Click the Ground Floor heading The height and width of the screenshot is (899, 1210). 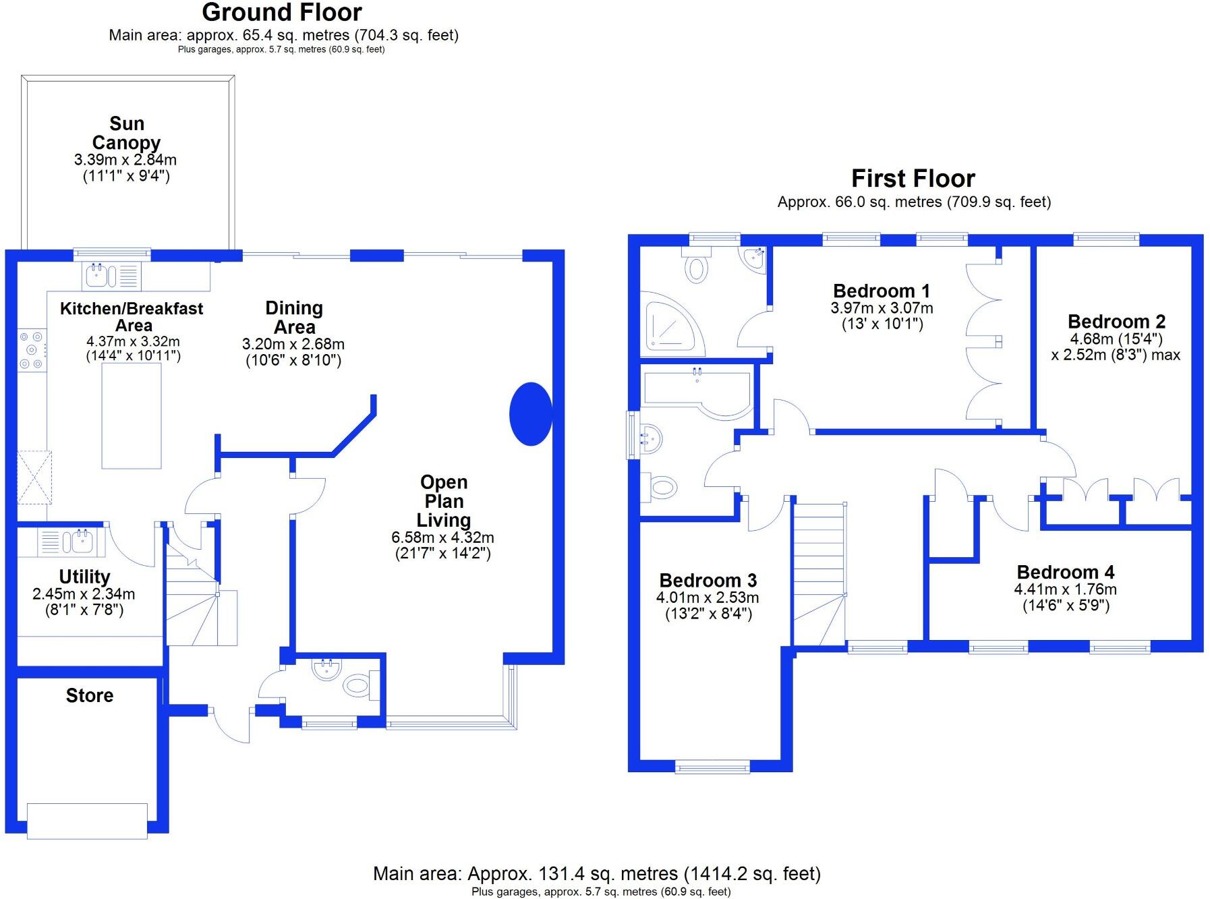(282, 12)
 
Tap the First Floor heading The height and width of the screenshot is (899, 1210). (913, 179)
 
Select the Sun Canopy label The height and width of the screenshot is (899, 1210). (126, 133)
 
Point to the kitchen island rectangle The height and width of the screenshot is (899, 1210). (132, 415)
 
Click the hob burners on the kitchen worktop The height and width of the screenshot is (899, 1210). (32, 349)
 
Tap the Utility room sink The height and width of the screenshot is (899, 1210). (80, 542)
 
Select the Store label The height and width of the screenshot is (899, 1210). (90, 695)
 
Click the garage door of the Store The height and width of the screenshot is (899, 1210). (87, 821)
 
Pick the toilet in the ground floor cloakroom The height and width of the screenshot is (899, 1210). (357, 686)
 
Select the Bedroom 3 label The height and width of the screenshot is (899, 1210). (708, 581)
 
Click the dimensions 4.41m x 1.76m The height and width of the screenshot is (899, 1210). (1065, 589)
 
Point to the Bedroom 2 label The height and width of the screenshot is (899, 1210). (1116, 322)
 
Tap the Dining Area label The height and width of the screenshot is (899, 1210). (294, 318)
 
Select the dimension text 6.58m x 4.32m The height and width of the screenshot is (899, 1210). (442, 538)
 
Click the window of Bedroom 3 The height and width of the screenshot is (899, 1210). (712, 767)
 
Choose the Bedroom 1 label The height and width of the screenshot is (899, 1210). (881, 291)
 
